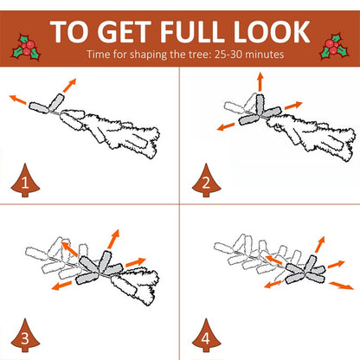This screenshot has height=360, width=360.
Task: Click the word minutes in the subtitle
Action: pos(265,55)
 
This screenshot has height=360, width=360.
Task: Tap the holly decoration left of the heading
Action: pos(26,48)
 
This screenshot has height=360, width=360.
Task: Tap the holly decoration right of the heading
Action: pos(334,47)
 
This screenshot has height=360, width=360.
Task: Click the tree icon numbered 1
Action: pos(25,181)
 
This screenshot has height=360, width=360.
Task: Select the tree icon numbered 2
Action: pos(206,181)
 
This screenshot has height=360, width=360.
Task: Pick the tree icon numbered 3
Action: pos(25,336)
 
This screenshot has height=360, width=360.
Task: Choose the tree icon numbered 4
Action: pos(206,336)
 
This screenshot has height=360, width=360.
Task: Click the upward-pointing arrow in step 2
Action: pos(260,81)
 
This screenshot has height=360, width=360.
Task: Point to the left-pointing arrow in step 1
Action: pos(18,100)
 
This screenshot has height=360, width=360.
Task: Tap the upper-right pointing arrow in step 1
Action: pos(69,86)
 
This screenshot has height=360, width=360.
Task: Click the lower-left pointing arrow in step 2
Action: pos(226,127)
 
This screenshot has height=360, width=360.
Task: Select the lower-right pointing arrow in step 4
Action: pos(342,286)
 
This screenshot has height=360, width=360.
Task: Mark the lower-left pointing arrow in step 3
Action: pos(61,286)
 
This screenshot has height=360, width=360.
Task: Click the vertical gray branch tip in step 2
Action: pos(260,104)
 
